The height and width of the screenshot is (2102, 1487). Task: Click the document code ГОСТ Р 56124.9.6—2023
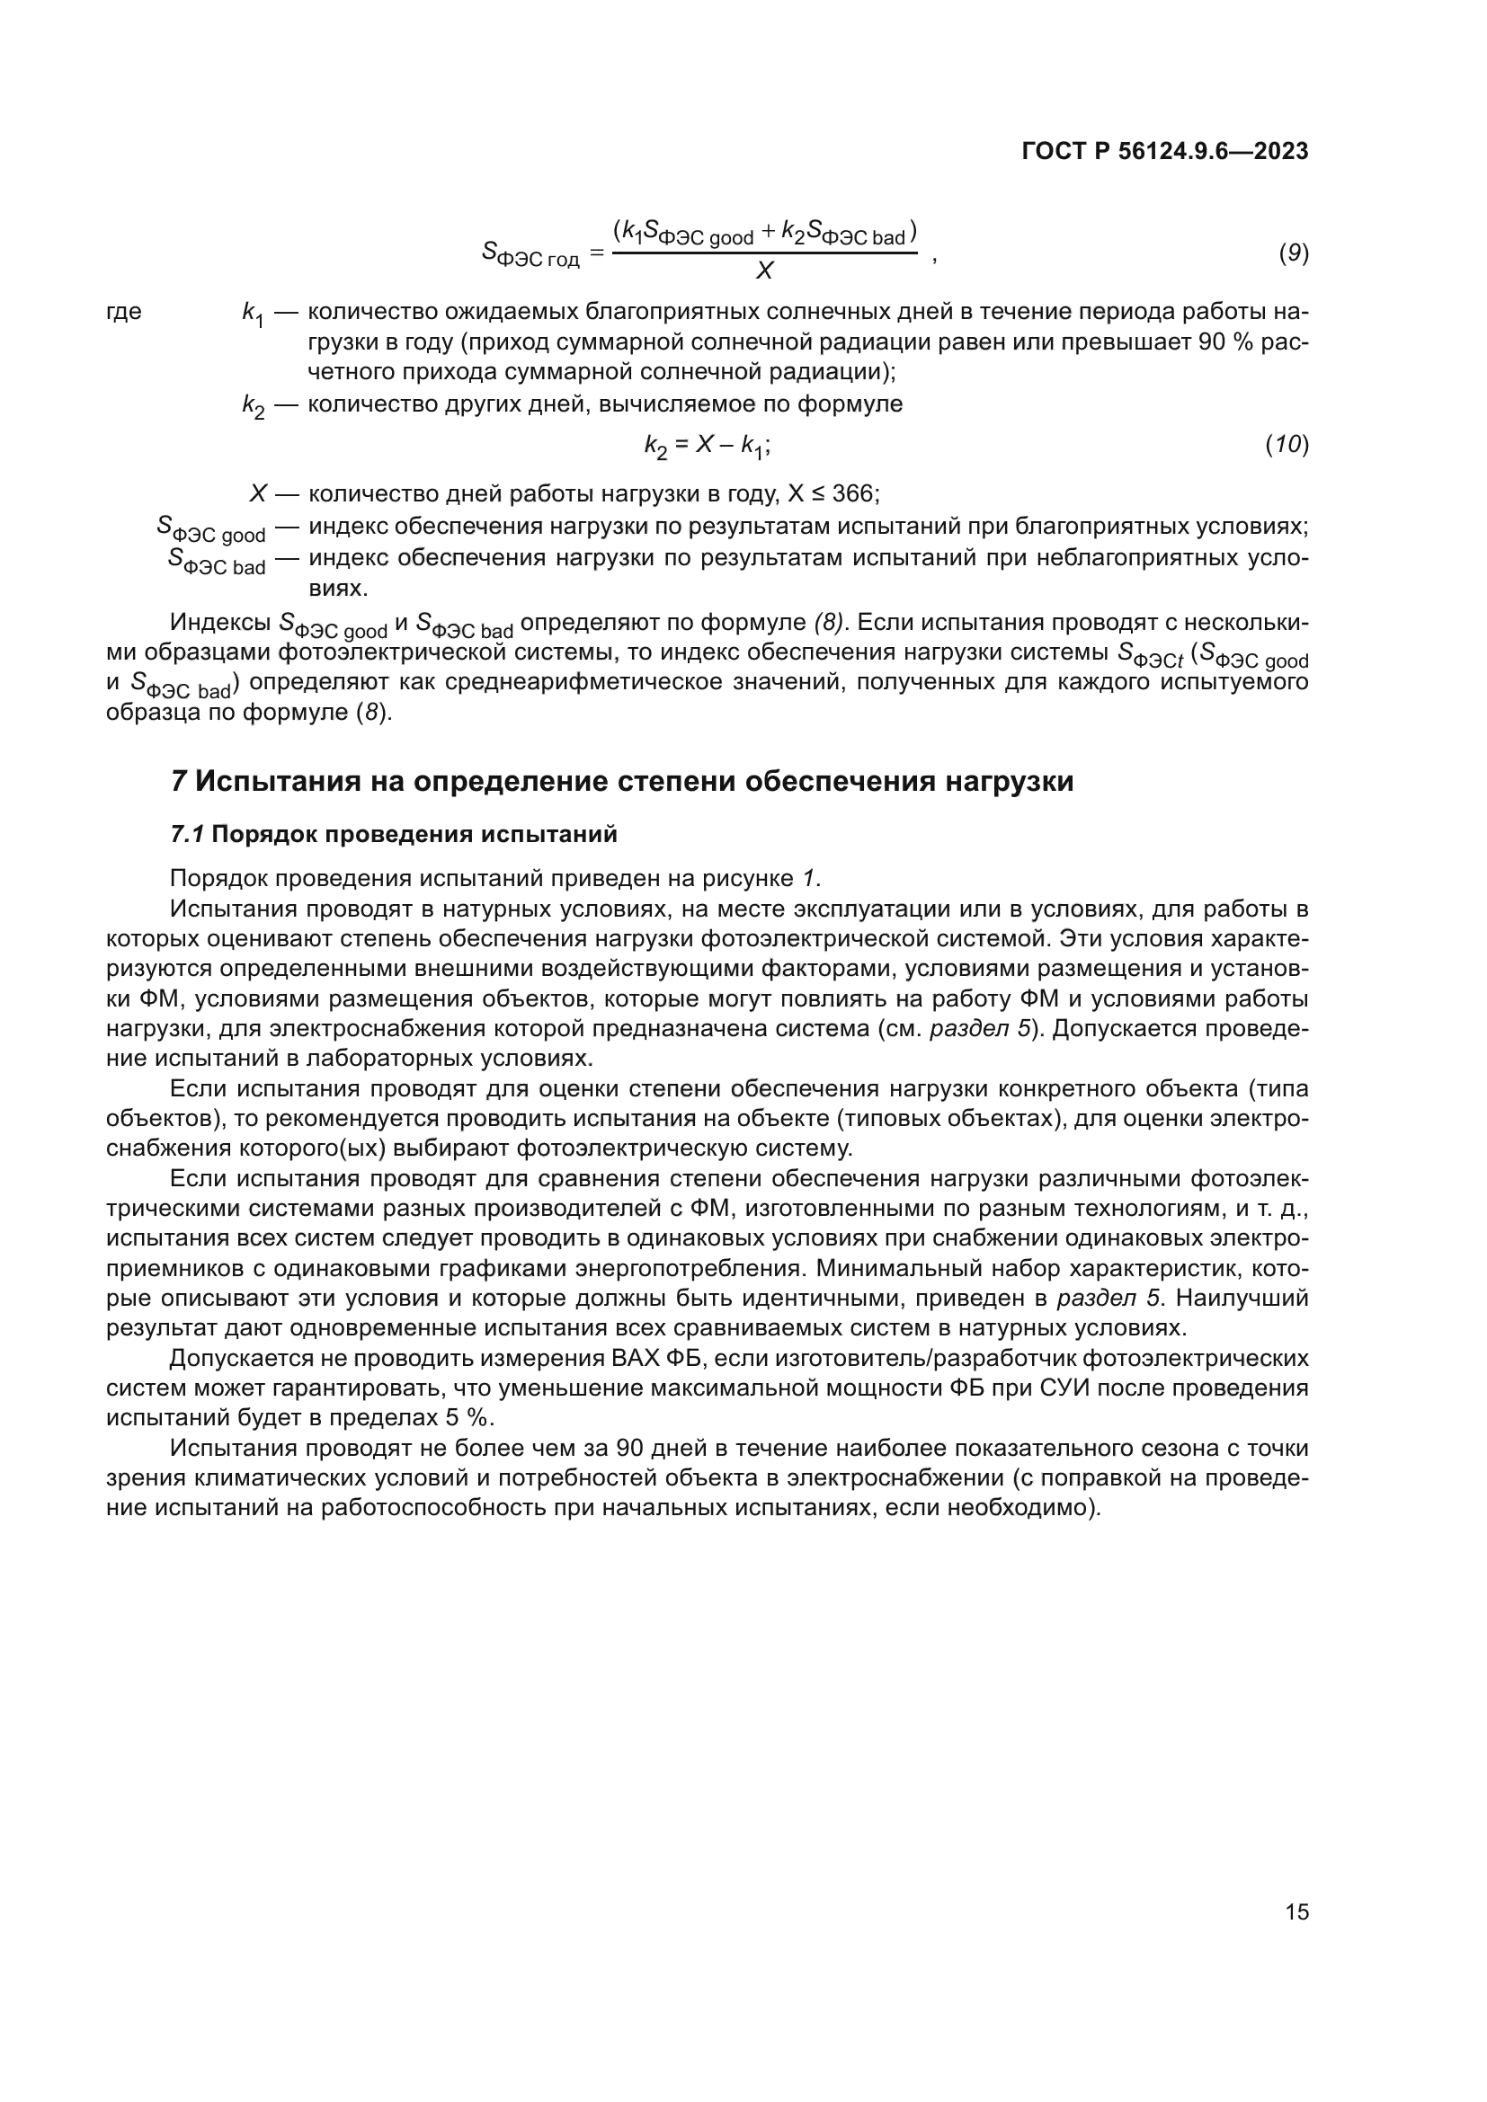(1164, 152)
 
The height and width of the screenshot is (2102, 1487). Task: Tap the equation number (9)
(1293, 253)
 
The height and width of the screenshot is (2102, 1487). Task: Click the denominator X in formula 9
(764, 271)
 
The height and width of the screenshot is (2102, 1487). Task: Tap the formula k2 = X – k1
(706, 446)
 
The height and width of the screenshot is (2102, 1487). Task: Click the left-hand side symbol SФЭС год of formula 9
(530, 253)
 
